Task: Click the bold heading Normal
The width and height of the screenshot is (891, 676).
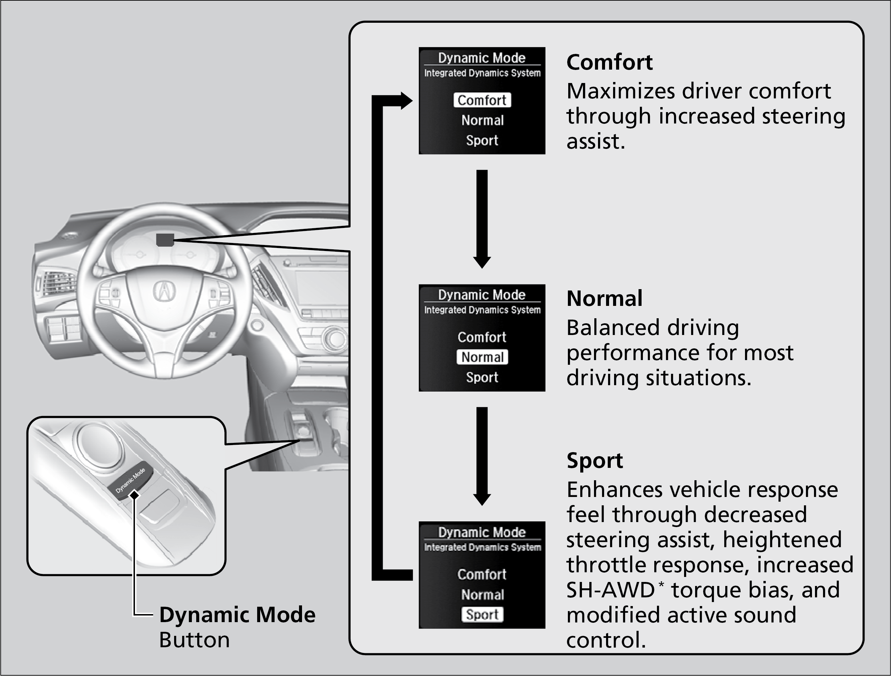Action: click(604, 299)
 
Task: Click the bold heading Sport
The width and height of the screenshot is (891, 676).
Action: click(595, 460)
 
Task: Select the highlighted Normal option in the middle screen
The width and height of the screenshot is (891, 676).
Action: click(482, 357)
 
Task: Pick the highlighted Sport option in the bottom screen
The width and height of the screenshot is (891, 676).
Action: click(482, 614)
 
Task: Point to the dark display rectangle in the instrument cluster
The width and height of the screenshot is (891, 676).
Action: click(165, 240)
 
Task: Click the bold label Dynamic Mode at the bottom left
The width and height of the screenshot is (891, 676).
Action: click(237, 615)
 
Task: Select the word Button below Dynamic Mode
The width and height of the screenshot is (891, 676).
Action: click(194, 640)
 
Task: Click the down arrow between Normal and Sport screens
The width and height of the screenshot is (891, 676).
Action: click(482, 456)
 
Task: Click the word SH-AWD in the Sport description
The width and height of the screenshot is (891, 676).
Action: click(611, 590)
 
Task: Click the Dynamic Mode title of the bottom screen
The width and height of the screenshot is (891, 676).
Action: click(482, 532)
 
